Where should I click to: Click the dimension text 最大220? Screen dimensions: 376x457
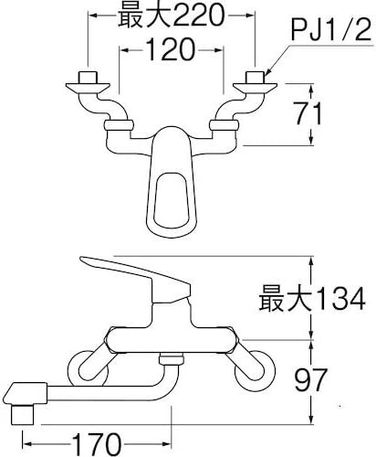172,16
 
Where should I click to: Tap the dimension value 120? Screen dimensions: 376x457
170,49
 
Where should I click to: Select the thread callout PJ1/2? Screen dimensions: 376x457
331,30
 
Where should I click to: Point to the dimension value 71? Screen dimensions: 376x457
308,113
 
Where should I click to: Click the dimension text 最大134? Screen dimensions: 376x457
312,298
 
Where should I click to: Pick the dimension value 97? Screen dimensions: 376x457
310,379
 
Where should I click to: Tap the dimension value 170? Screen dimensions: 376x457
97,444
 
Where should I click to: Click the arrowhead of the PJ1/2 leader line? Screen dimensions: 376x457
267,72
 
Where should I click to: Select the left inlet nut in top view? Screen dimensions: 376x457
88,77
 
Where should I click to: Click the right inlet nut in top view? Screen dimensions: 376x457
255,77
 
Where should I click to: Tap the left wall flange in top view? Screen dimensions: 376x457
88,88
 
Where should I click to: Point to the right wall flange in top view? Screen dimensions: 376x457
255,88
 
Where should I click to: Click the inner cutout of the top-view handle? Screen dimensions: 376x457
171,200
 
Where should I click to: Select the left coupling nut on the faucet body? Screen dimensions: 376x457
119,125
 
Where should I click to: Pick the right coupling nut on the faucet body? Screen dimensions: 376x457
224,125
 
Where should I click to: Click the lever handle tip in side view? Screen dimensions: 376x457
83,260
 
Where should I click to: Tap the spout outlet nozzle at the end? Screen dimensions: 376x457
23,414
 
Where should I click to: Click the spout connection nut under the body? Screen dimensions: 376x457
172,359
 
